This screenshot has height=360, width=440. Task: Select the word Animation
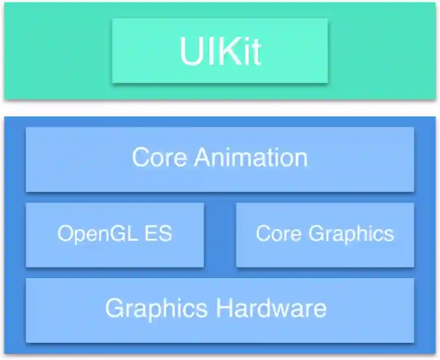pos(251,157)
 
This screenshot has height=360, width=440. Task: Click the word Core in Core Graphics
pos(279,234)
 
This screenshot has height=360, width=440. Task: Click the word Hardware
pos(271,308)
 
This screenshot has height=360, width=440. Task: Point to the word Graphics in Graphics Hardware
pos(156,308)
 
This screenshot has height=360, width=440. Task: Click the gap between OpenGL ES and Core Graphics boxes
pos(220,235)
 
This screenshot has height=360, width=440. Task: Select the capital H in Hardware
pos(224,308)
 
